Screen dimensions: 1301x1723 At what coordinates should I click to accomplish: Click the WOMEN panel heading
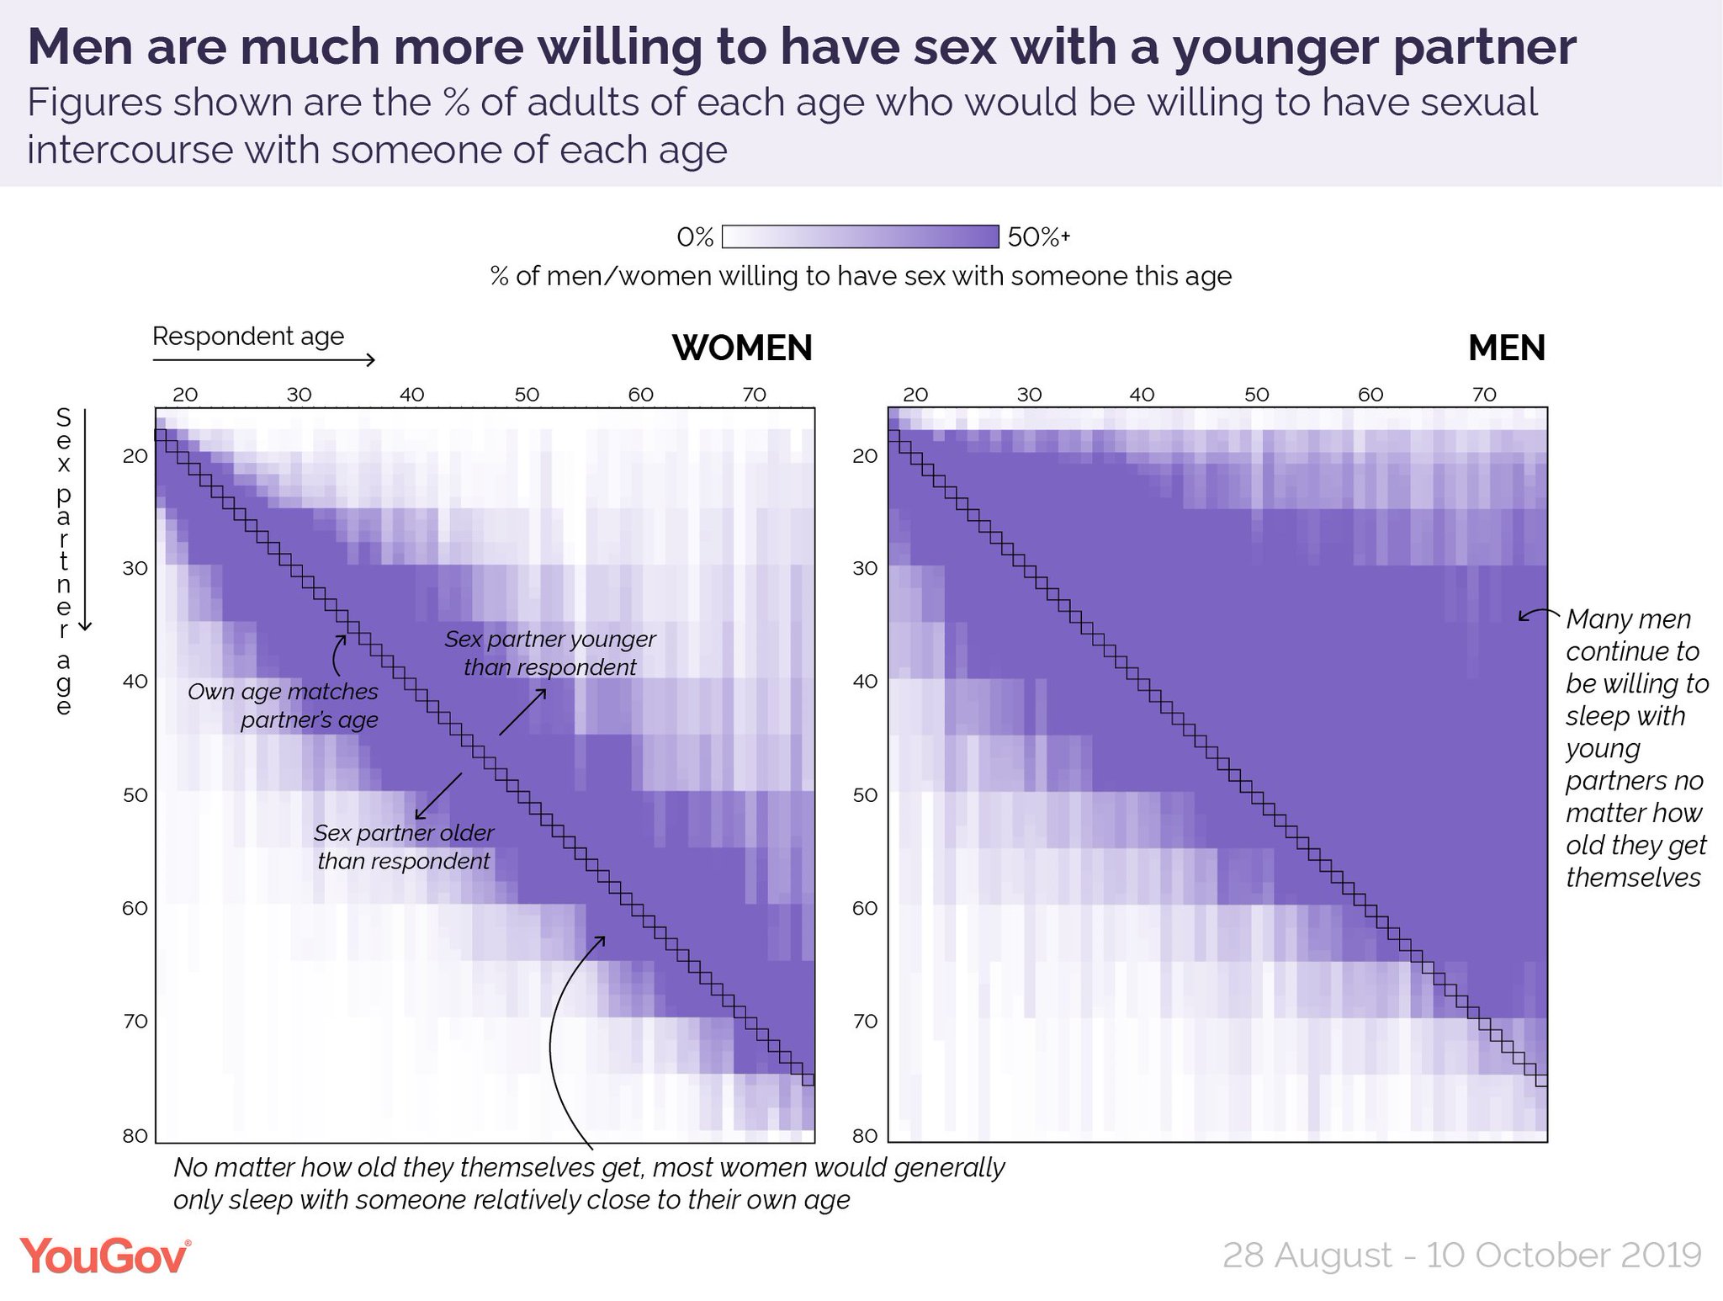(742, 348)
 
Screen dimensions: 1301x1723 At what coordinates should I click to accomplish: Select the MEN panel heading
(1506, 348)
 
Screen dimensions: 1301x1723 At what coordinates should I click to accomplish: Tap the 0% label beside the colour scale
(695, 238)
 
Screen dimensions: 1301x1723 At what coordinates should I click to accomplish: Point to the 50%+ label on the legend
(1038, 238)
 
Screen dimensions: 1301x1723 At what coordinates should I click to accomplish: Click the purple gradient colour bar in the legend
(860, 236)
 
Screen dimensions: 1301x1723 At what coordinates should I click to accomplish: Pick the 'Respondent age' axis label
(248, 337)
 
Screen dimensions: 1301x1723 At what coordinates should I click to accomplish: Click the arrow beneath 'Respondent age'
(263, 360)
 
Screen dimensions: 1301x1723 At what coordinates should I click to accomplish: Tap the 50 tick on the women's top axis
(527, 395)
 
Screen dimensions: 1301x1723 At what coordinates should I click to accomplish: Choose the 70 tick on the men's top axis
(1484, 395)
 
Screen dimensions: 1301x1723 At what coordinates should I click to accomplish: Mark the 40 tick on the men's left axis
(865, 682)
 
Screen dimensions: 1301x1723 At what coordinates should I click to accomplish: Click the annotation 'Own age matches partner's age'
(284, 706)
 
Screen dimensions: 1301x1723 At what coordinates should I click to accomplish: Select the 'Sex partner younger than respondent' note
(550, 653)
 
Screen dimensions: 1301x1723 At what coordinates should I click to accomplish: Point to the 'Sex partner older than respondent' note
(404, 847)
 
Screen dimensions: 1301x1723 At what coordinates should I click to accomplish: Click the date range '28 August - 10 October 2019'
(1461, 1255)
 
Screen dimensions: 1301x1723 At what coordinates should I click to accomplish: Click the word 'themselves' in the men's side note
(1633, 878)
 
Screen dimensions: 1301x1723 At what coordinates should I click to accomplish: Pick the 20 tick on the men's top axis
(915, 395)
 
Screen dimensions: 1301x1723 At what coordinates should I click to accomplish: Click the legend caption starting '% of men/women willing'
(861, 276)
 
